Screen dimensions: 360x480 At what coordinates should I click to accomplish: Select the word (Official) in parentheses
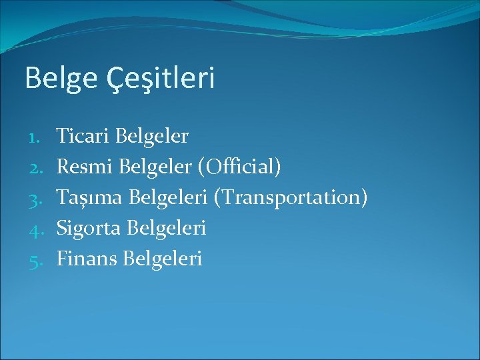click(239, 167)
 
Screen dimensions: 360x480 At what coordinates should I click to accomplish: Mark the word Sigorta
click(89, 229)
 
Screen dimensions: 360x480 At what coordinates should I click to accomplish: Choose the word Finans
click(87, 259)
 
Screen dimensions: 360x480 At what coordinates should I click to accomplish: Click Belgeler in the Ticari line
click(151, 137)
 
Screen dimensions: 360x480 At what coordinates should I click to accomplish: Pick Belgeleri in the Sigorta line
click(166, 229)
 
